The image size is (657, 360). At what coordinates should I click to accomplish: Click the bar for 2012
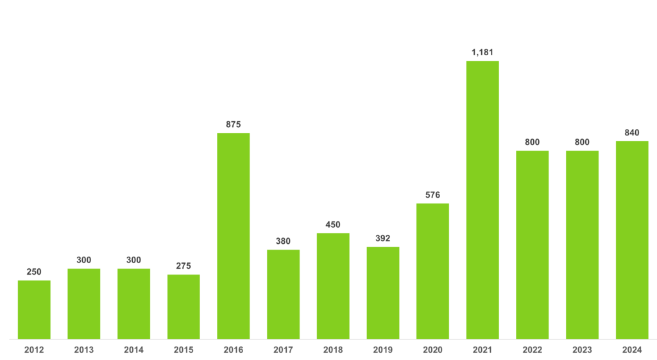(34, 309)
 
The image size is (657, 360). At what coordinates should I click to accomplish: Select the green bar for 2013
(84, 303)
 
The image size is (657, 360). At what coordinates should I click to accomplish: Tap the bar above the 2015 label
(183, 306)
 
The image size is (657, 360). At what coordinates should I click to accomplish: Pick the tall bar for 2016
(234, 235)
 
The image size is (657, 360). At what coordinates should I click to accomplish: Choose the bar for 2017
(283, 293)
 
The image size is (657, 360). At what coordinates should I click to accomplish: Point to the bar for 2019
(383, 292)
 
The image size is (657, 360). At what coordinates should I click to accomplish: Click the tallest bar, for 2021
(482, 199)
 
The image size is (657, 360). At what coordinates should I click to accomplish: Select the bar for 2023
(582, 244)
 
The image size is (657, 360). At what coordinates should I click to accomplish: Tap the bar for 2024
(632, 239)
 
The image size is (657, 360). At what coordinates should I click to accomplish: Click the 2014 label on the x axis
(133, 350)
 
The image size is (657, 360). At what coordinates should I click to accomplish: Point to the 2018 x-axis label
(333, 350)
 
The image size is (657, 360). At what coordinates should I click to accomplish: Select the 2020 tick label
(432, 350)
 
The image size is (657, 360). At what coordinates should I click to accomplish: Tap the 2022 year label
(533, 350)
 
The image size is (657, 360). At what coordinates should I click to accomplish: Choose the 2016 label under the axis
(234, 350)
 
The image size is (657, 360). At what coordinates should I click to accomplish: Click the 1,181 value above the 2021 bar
(482, 52)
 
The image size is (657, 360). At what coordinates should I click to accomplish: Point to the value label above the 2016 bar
(234, 124)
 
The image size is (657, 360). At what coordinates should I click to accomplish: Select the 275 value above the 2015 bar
(183, 266)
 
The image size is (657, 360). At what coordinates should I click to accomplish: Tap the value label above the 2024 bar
(632, 132)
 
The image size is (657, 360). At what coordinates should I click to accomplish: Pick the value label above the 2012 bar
(34, 271)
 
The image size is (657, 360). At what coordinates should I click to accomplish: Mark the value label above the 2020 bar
(432, 194)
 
